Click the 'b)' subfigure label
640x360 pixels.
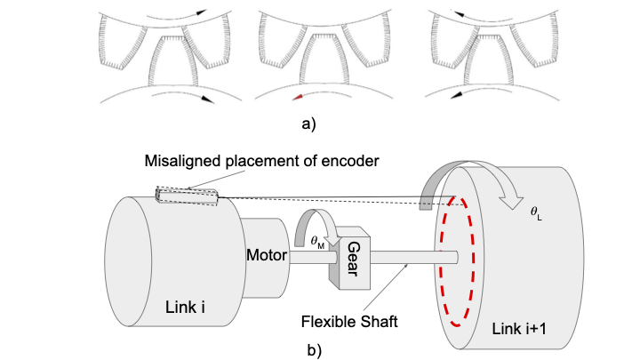(x=314, y=349)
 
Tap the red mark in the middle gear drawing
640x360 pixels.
(x=299, y=95)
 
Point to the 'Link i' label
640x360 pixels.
(x=186, y=308)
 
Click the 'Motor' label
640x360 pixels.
(x=266, y=256)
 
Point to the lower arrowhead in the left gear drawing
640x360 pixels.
(x=206, y=100)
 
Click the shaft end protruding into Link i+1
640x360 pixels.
(x=451, y=257)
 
